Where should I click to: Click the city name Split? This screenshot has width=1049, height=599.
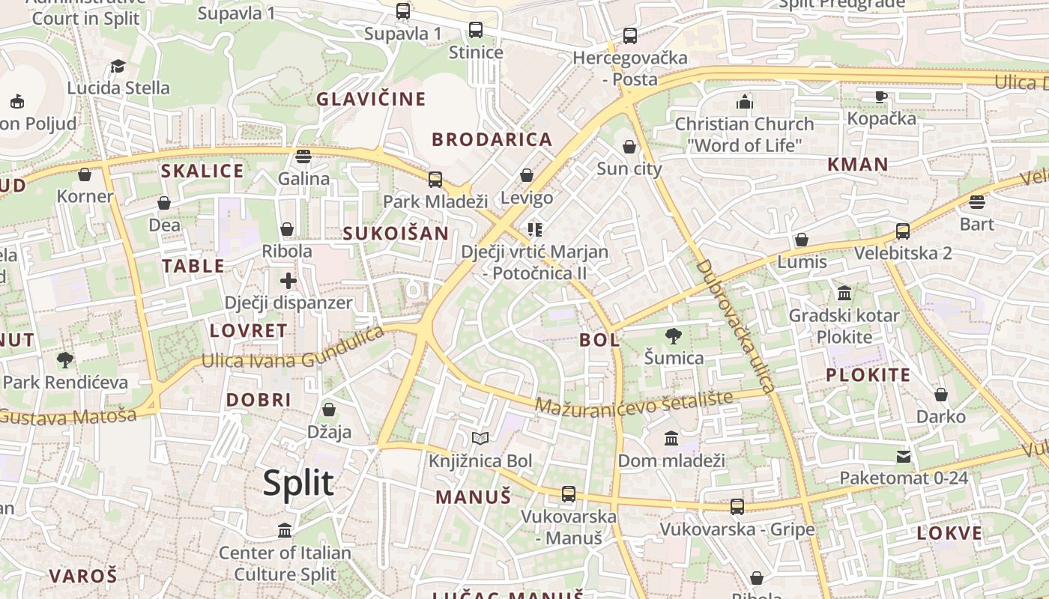(x=298, y=484)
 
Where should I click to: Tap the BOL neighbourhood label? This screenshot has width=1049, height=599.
(x=599, y=340)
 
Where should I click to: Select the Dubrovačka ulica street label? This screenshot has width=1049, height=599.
(x=734, y=326)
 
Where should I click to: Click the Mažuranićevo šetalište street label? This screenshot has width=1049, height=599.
(x=634, y=404)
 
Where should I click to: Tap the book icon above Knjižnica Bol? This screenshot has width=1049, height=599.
(x=480, y=438)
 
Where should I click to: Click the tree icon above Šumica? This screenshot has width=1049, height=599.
(x=674, y=335)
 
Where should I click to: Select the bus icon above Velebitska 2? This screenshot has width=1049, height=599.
(x=903, y=231)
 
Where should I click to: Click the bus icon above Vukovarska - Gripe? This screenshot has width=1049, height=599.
(x=737, y=507)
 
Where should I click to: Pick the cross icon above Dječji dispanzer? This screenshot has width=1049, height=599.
(x=288, y=281)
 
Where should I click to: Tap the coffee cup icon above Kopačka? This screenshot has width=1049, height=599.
(x=881, y=96)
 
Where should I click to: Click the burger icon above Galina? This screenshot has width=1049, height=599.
(x=303, y=156)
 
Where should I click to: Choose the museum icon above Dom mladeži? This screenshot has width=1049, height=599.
(x=671, y=438)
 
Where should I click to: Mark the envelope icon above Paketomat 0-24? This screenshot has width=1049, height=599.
(x=904, y=456)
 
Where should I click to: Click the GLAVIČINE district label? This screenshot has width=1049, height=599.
(x=371, y=99)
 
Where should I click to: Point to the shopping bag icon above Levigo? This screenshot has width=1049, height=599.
(x=527, y=175)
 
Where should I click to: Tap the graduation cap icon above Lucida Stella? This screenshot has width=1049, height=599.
(x=118, y=66)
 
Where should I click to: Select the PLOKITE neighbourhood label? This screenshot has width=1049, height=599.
(x=868, y=375)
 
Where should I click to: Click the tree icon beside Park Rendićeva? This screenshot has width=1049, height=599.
(x=65, y=360)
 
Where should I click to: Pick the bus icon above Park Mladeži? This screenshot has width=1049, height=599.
(x=435, y=180)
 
